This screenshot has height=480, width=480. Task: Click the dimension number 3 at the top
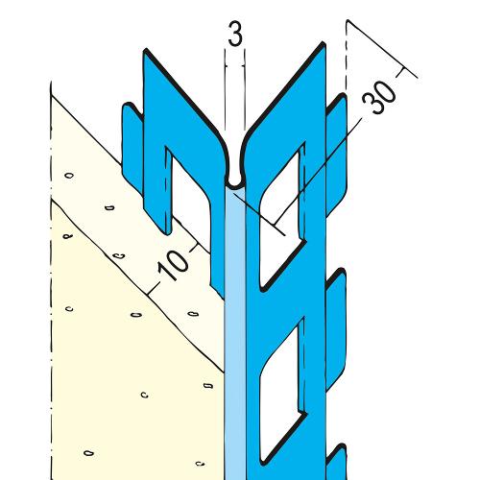235,33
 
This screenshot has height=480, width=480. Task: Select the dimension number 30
379,96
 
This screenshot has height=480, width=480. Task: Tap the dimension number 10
174,265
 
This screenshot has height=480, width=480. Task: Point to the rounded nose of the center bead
235,184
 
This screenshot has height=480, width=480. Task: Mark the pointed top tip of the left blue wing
146,50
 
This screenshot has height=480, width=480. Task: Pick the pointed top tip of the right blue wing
323,42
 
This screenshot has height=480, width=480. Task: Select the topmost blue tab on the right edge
336,154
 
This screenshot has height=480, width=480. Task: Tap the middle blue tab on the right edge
336,329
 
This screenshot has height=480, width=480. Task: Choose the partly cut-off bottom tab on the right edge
336,463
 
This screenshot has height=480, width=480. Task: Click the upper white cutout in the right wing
280,221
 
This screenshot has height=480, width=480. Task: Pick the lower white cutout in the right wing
281,394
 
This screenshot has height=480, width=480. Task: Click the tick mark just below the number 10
156,287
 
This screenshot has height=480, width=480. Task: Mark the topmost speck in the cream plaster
69,176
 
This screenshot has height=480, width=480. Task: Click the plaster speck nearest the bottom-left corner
88,453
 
